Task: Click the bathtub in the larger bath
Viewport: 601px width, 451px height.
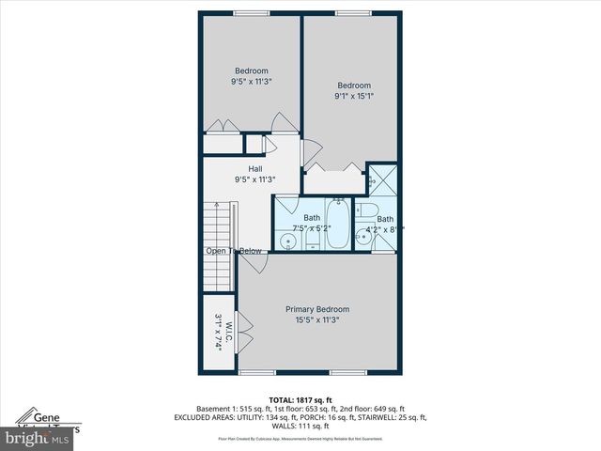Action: pyautogui.click(x=337, y=225)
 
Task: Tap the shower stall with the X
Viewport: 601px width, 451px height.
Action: pyautogui.click(x=382, y=178)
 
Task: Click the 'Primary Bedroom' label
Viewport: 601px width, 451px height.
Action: pyautogui.click(x=317, y=309)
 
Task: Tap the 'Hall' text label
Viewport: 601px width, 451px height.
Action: pyautogui.click(x=255, y=168)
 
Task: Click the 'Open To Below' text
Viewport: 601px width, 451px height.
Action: pyautogui.click(x=234, y=251)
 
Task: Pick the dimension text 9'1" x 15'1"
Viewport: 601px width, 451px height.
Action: pyautogui.click(x=354, y=96)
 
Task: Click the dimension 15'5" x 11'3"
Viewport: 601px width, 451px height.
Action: pyautogui.click(x=317, y=319)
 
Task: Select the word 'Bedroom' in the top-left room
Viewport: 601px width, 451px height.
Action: pyautogui.click(x=251, y=71)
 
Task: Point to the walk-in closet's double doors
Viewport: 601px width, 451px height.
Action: pyautogui.click(x=244, y=333)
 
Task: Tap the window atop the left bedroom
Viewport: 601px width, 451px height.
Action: pyautogui.click(x=251, y=12)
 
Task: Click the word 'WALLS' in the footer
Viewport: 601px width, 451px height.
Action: pyautogui.click(x=272, y=427)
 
